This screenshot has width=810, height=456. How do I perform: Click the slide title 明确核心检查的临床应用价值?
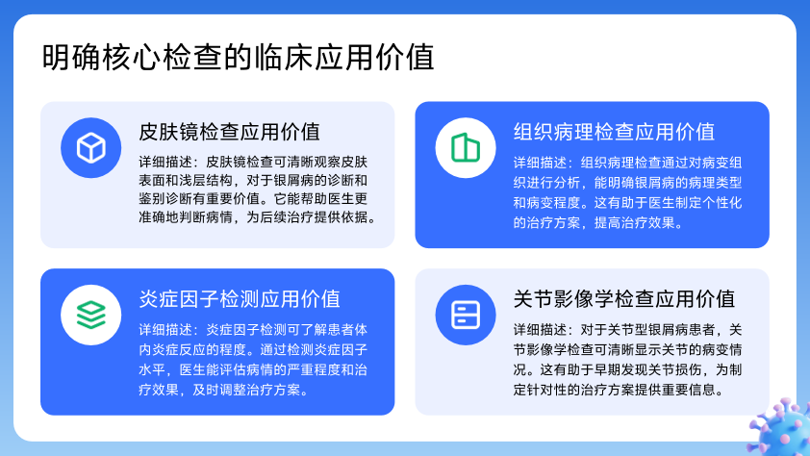pyautogui.click(x=238, y=57)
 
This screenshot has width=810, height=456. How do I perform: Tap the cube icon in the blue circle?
pyautogui.click(x=91, y=148)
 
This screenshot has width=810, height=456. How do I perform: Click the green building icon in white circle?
pyautogui.click(x=466, y=148)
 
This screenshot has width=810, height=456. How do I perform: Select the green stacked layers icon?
pyautogui.click(x=91, y=315)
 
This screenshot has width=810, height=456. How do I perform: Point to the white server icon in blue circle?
pyautogui.click(x=466, y=315)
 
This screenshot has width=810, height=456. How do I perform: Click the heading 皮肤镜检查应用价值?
pyautogui.click(x=229, y=132)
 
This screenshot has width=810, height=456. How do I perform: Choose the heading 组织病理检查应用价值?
pyautogui.click(x=614, y=132)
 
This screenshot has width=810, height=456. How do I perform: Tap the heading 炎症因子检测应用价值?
pyautogui.click(x=240, y=299)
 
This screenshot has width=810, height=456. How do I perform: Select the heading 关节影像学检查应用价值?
pyautogui.click(x=624, y=299)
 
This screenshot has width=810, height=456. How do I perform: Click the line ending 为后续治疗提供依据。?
pyautogui.click(x=257, y=217)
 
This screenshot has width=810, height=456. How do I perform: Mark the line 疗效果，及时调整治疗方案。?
pyautogui.click(x=224, y=390)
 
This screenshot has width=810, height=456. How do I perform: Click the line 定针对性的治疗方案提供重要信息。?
pyautogui.click(x=619, y=390)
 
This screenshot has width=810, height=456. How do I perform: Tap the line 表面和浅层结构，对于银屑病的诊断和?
pyautogui.click(x=253, y=181)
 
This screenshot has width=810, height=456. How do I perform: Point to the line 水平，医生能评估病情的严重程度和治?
pyautogui.click(x=253, y=369)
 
